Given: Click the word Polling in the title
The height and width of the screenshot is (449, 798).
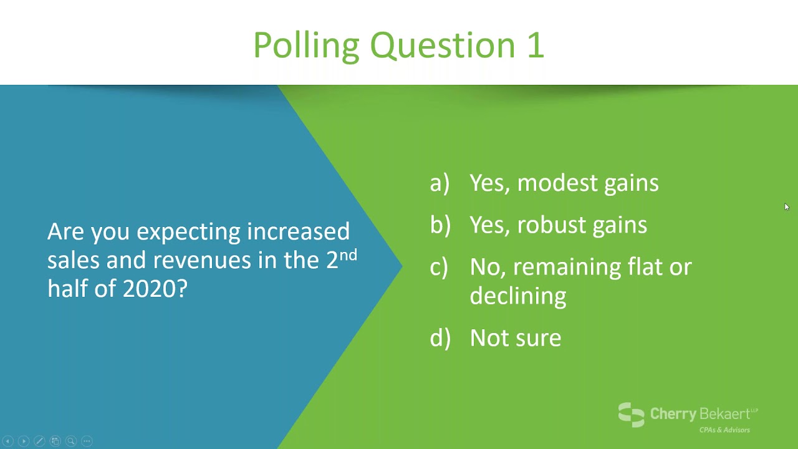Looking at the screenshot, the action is point(306,46).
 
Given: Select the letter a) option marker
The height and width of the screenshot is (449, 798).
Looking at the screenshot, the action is point(440,183).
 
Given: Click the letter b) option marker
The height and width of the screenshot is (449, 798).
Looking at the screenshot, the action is point(440,225).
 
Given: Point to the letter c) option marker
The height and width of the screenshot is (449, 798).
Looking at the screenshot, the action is point(439,268).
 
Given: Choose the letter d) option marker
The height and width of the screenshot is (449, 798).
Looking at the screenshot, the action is point(440,337).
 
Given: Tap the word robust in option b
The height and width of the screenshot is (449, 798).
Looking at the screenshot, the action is point(552,225).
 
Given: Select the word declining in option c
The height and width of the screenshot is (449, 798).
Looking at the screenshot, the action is point(518,296).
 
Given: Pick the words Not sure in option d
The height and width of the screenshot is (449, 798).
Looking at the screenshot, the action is point(516,338).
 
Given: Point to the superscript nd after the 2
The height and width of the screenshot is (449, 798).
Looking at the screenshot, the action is point(348,255).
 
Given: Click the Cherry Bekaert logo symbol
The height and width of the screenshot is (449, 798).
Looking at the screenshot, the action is point(632,415).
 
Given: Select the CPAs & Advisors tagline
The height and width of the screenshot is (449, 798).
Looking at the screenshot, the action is point(724,430).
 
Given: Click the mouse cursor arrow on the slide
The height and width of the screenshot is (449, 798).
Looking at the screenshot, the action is point(787,206).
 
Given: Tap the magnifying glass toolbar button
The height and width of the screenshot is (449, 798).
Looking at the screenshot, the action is point(71,441).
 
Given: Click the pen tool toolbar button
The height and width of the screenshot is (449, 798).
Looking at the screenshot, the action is point(39,441).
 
